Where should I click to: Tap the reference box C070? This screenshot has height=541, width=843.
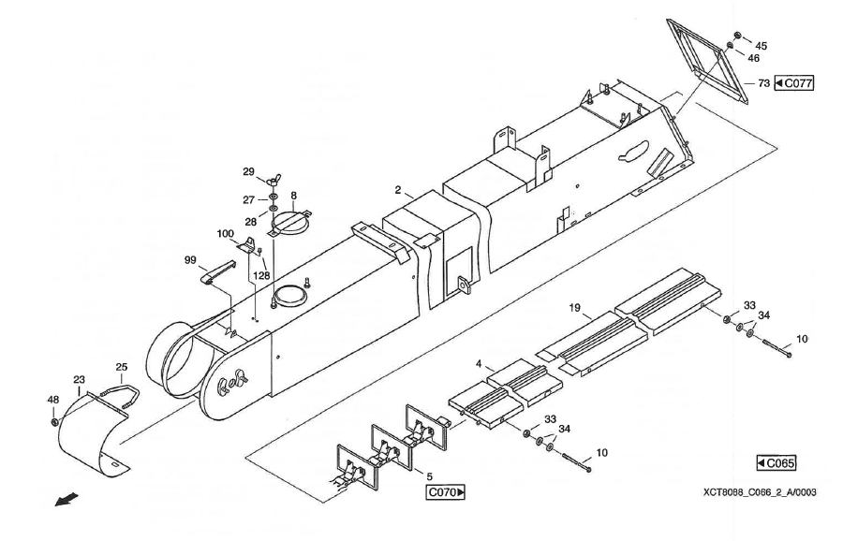click(x=447, y=490)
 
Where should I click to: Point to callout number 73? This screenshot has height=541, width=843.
click(x=763, y=83)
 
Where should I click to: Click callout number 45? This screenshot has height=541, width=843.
click(x=761, y=45)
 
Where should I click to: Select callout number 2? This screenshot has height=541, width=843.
click(x=398, y=190)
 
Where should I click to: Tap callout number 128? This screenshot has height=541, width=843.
click(x=262, y=276)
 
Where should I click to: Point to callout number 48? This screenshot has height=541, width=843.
click(x=53, y=400)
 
